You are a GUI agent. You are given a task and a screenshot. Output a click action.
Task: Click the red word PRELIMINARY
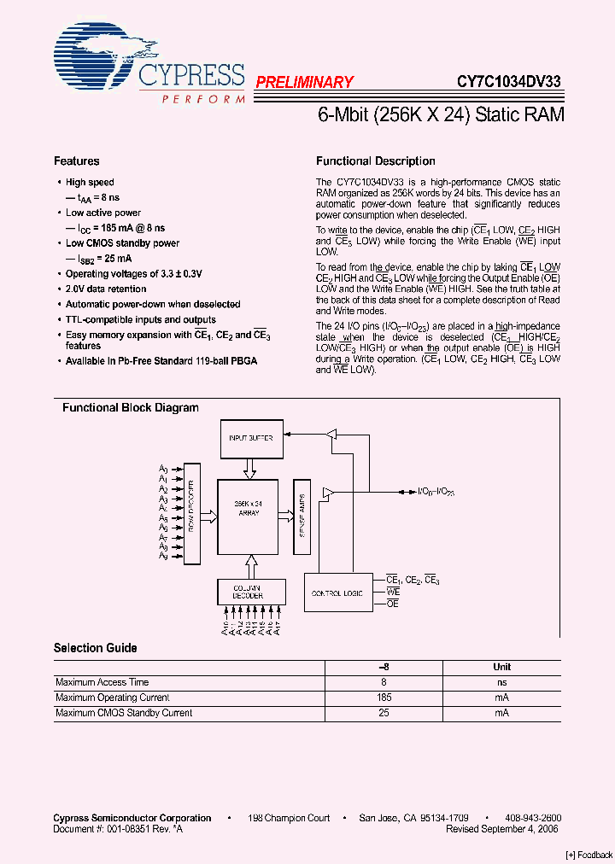click(304, 83)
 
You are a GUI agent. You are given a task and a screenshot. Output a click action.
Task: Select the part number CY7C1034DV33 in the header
click(508, 82)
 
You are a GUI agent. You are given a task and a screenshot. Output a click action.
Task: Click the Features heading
click(77, 161)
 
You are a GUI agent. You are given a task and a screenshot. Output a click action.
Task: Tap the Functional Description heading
click(376, 161)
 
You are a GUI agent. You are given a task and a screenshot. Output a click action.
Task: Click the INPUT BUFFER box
click(250, 438)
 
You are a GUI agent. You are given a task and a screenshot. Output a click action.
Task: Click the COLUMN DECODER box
click(248, 592)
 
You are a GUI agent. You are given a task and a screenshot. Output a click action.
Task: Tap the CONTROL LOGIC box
click(338, 592)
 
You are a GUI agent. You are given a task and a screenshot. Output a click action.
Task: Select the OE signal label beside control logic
click(393, 604)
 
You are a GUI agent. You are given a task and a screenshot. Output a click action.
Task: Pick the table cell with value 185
click(384, 698)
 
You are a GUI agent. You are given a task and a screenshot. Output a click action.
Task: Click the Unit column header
click(502, 667)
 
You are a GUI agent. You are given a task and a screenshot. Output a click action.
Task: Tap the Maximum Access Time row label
click(102, 682)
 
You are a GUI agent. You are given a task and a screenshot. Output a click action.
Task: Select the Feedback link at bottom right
click(589, 855)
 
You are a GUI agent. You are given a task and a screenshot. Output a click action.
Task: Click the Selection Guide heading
click(96, 648)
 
